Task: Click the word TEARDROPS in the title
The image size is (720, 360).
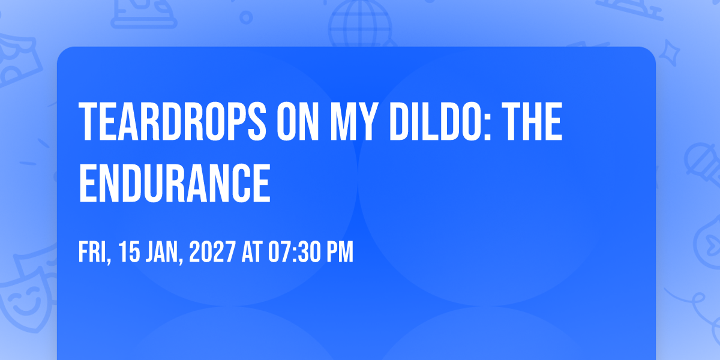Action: click(172, 121)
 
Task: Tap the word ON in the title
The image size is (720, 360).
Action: click(298, 121)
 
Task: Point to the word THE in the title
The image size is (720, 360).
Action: click(532, 121)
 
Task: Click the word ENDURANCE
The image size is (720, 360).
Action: click(175, 183)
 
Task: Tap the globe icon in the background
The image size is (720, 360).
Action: click(360, 24)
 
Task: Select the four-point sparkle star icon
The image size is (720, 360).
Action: click(669, 53)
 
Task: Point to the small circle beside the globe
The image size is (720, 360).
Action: click(246, 17)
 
